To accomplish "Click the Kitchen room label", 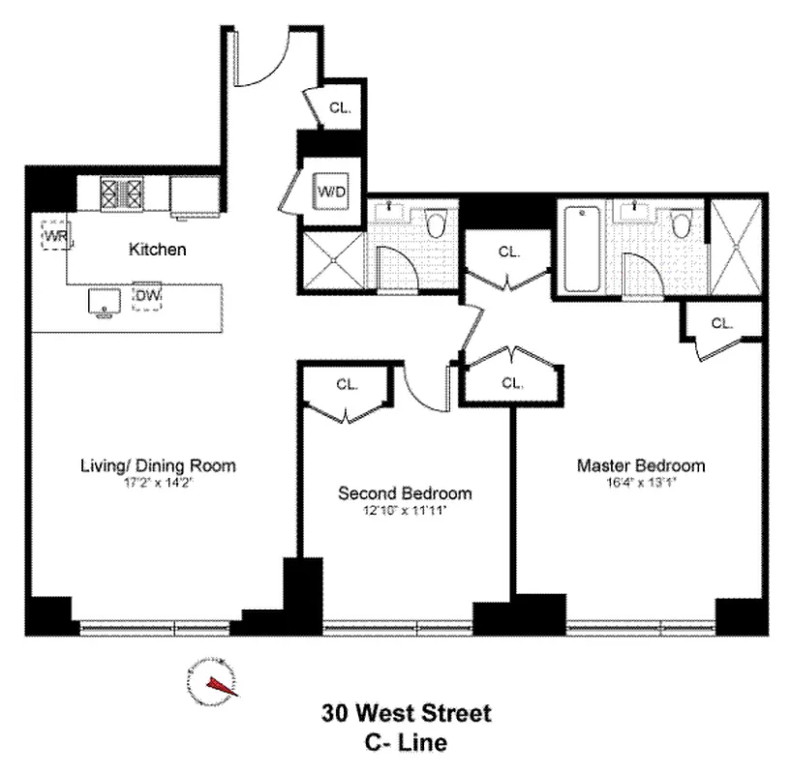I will [157, 250].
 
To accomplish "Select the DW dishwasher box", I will [147, 296].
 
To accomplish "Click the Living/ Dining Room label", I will [157, 465].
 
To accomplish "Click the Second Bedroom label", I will [405, 492].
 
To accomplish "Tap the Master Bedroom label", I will [641, 465].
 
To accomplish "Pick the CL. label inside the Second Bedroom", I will [347, 384].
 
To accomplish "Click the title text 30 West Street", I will [407, 714].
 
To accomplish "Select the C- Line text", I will [407, 743].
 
